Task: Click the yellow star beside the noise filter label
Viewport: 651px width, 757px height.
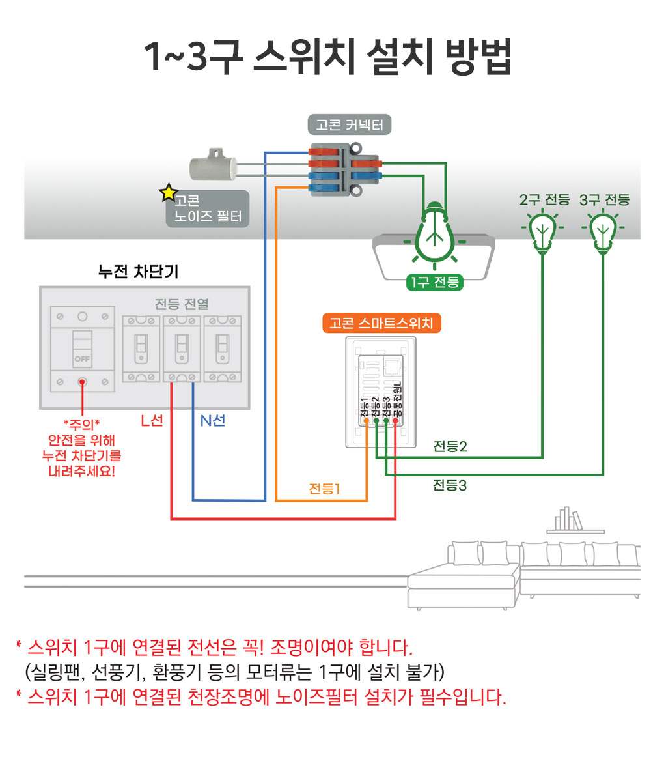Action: [169, 193]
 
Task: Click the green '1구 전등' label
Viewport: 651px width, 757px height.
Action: [434, 282]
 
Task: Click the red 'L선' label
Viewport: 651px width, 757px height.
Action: [152, 421]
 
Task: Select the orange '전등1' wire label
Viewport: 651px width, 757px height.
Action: [324, 488]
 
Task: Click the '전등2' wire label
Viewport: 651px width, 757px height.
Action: [450, 447]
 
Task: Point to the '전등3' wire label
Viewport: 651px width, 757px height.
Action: [450, 485]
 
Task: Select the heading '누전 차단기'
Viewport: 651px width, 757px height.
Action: [138, 272]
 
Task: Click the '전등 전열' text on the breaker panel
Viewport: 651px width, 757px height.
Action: [182, 304]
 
